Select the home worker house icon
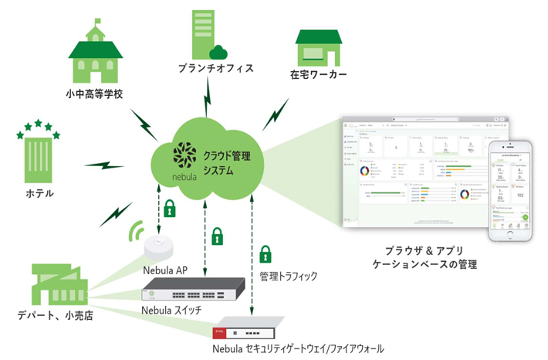pyautogui.click(x=317, y=49)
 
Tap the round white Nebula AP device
pyautogui.click(x=161, y=250)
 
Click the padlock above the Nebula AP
pyautogui.click(x=169, y=209)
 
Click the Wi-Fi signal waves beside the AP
pyautogui.click(x=138, y=232)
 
